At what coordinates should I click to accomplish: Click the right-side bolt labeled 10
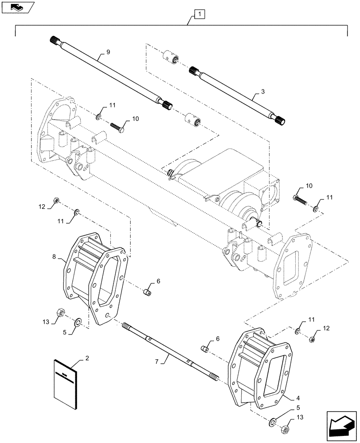[301, 199]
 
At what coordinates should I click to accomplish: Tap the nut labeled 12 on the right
[311, 339]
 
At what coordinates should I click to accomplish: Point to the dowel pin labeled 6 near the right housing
[205, 349]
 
